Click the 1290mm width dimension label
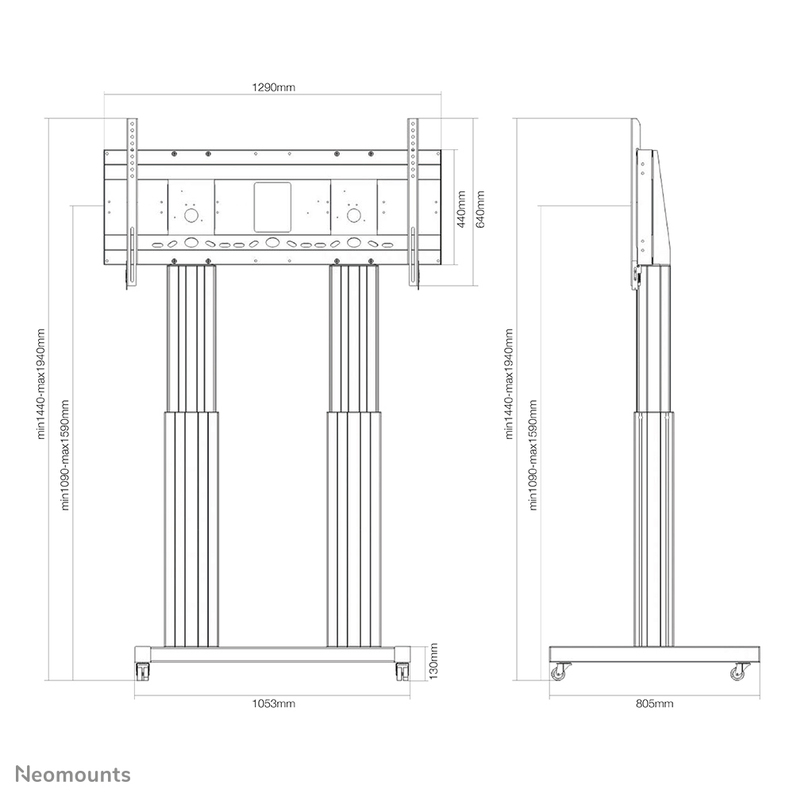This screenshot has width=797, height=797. click(x=273, y=87)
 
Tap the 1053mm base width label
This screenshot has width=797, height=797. click(x=273, y=703)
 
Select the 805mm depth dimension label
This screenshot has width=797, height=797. click(x=655, y=703)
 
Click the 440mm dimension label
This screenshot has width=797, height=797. click(x=460, y=209)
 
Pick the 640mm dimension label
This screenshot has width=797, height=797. click(x=479, y=209)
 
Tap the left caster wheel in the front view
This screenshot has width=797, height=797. click(x=142, y=671)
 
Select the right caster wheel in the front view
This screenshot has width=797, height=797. click(x=402, y=671)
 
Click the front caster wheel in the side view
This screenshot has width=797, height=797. click(x=558, y=672)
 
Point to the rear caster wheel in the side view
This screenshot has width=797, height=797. click(x=739, y=672)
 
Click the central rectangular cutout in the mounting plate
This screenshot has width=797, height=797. click(x=272, y=208)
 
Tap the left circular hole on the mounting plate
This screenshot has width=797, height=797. click(x=191, y=214)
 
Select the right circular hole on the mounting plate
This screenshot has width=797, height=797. click(x=353, y=214)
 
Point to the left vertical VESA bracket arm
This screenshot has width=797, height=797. click(x=133, y=202)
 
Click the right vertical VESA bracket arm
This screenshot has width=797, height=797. click(x=413, y=202)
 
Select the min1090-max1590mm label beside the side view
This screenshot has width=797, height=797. click(x=533, y=454)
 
